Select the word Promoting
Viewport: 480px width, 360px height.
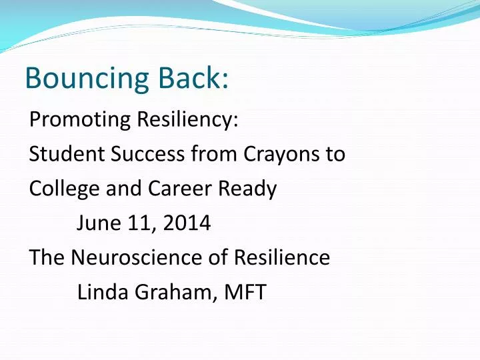pyautogui.click(x=81, y=121)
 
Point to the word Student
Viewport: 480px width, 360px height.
pyautogui.click(x=65, y=155)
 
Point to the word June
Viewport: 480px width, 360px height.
pyautogui.click(x=97, y=223)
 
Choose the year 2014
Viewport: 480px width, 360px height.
pyautogui.click(x=186, y=223)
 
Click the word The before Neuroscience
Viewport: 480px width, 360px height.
pyautogui.click(x=47, y=257)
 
